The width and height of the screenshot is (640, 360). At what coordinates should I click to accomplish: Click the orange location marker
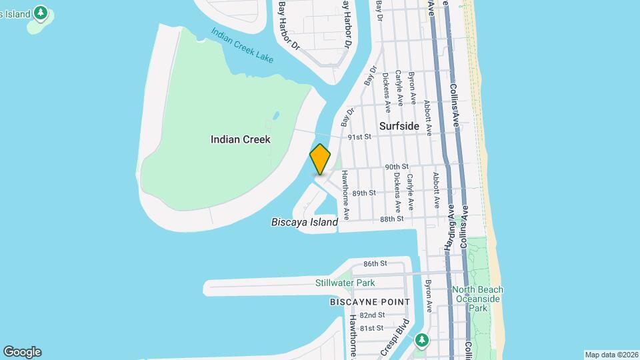tap(320, 159)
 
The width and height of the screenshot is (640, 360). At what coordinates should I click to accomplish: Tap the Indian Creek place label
tap(240, 139)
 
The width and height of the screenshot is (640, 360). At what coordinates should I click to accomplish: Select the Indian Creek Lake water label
tap(243, 45)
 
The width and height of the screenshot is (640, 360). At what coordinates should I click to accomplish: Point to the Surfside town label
tap(399, 126)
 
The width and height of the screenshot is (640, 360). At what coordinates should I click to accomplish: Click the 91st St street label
tap(359, 137)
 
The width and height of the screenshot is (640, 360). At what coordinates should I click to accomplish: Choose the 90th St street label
tap(396, 167)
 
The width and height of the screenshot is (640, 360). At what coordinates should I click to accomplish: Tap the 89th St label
tap(364, 193)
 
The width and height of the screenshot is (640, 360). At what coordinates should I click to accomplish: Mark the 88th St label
tap(392, 219)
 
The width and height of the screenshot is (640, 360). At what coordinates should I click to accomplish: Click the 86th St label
tap(375, 264)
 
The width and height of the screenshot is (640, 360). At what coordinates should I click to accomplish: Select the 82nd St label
tap(372, 315)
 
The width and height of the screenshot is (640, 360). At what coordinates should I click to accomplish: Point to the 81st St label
tap(372, 328)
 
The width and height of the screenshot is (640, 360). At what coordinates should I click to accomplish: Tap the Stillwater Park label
tap(345, 283)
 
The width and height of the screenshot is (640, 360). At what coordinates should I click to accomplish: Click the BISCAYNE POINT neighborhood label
tap(370, 302)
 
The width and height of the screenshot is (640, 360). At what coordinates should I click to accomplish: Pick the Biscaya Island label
tap(305, 222)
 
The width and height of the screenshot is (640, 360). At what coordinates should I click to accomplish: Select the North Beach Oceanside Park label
tap(477, 299)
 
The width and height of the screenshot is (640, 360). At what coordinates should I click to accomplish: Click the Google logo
tap(22, 352)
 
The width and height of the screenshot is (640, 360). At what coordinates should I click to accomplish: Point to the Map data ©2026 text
tap(611, 355)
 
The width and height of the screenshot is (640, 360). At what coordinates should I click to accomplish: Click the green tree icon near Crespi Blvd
tap(421, 340)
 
